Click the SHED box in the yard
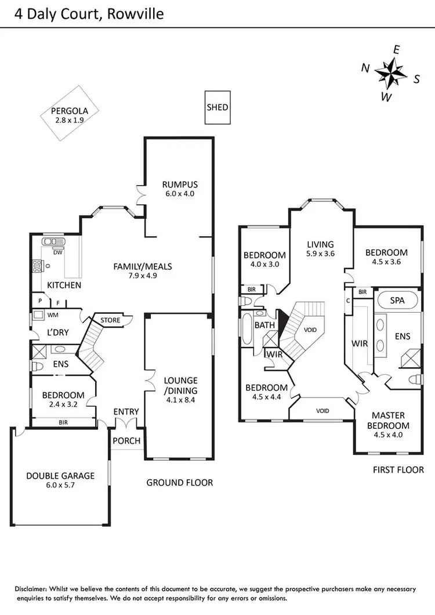tap(217, 107)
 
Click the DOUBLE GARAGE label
tap(60, 476)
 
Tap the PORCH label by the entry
tap(126, 441)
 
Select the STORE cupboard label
tap(110, 320)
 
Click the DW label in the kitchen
tap(57, 252)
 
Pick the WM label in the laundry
tap(52, 315)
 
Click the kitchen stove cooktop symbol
tap(38, 267)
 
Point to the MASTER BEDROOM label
tap(388, 421)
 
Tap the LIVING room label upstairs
tap(321, 244)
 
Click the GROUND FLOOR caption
tap(179, 482)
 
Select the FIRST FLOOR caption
tap(398, 469)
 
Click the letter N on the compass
tap(365, 68)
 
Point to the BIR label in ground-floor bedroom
tap(63, 423)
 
